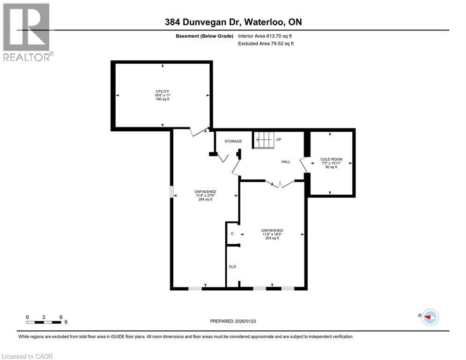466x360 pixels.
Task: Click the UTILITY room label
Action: coord(163,91)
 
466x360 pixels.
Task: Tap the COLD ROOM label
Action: coord(331,159)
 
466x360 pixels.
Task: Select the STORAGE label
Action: coord(233,141)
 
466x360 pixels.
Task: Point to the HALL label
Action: coord(285,162)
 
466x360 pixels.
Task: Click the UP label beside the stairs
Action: coord(279,140)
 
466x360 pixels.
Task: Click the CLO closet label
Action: coord(232,267)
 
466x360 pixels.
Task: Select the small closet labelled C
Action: coord(232,233)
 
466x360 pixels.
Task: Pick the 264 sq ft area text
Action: coord(205,199)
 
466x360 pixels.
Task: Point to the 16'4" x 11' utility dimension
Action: coord(163,96)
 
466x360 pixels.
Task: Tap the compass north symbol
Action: coord(429,317)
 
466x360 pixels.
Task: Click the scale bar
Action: coord(44,322)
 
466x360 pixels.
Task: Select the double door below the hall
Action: coord(279,184)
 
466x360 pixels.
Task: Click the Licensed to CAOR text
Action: coord(28,356)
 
